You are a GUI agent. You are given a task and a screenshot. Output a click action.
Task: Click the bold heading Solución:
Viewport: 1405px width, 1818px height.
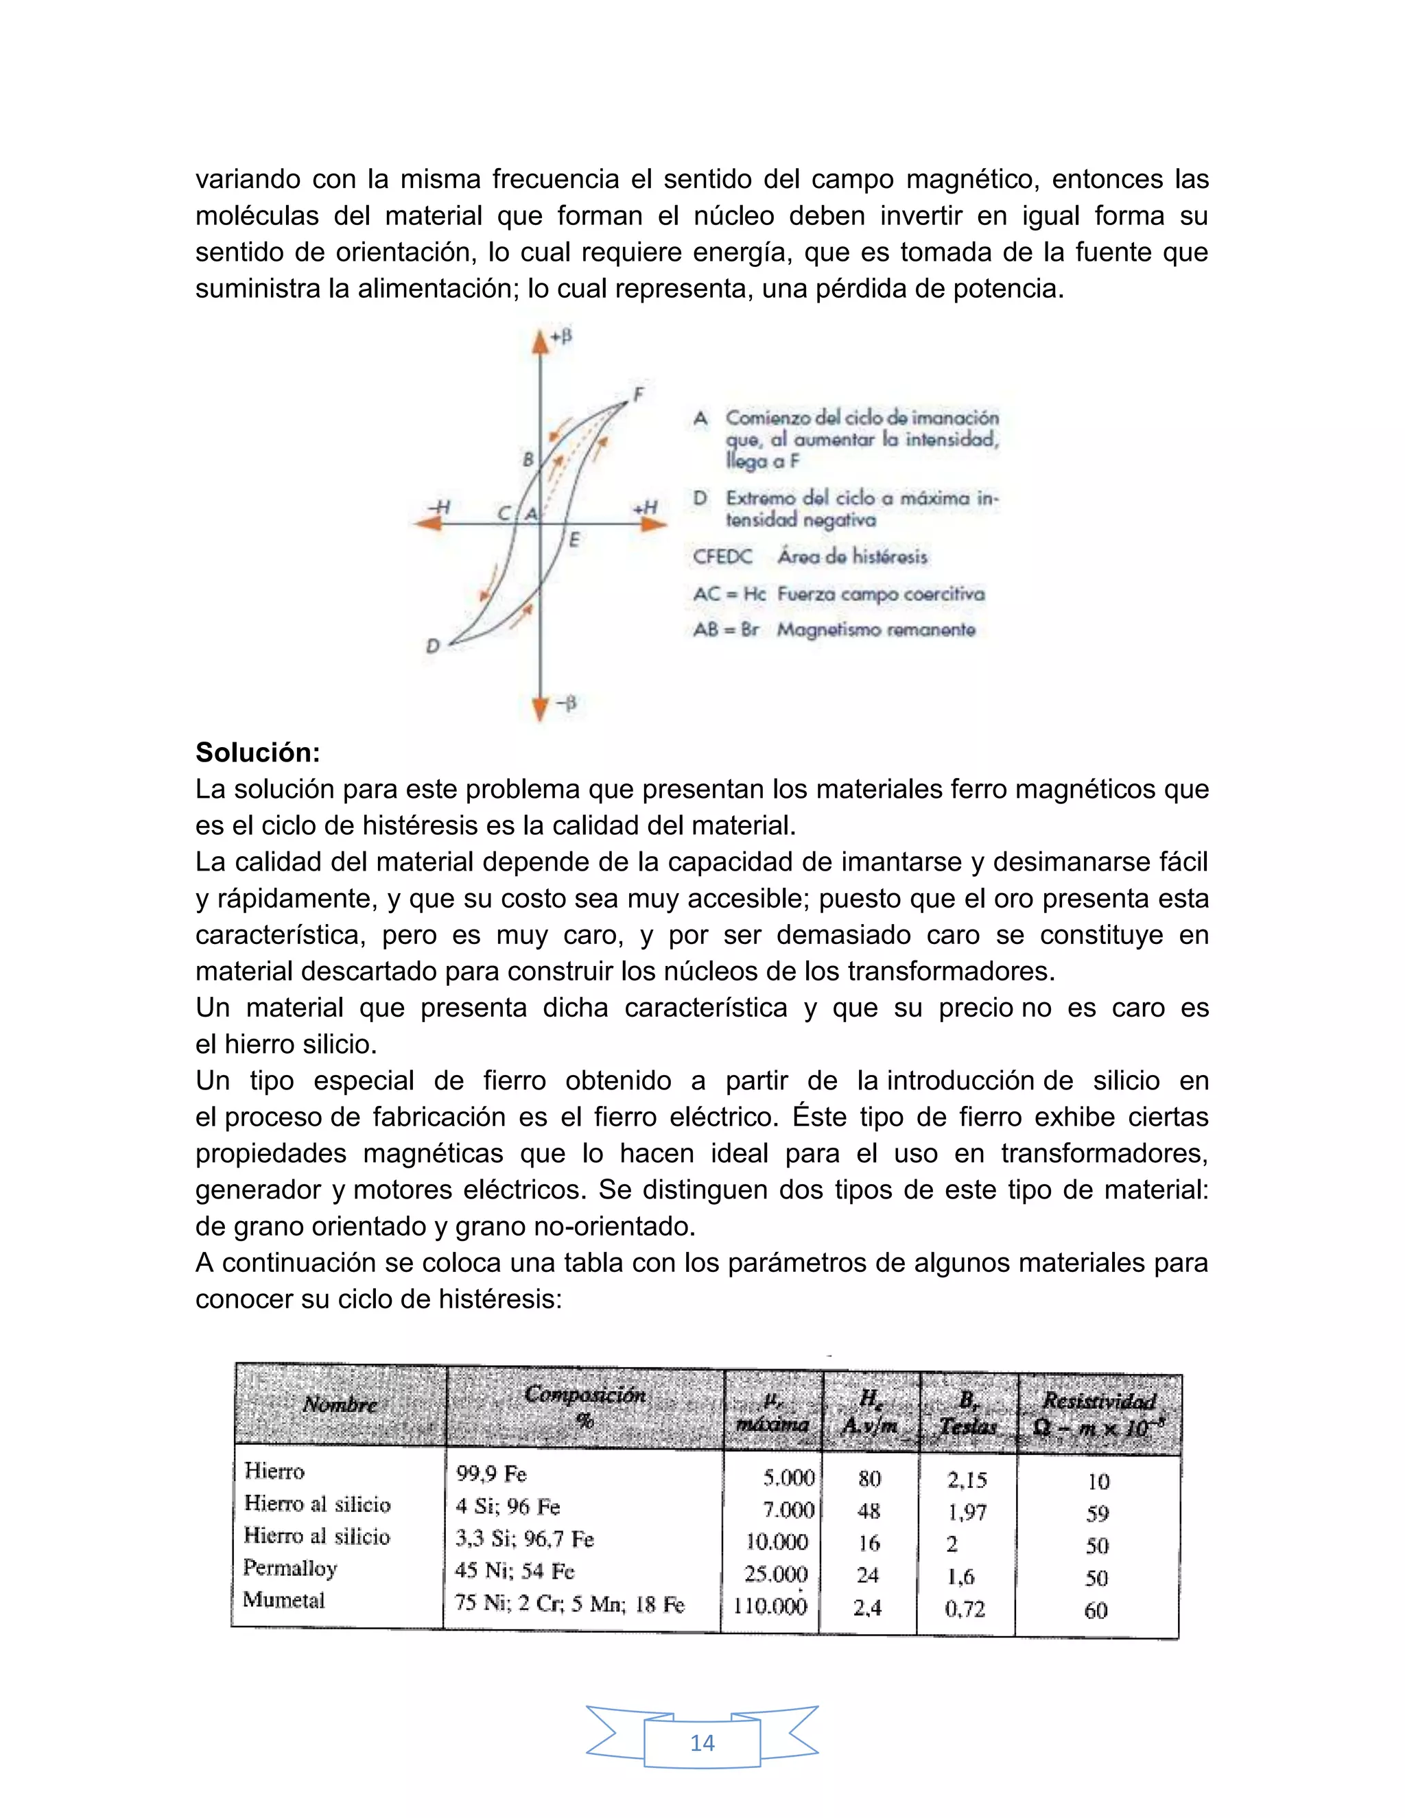[x=257, y=753]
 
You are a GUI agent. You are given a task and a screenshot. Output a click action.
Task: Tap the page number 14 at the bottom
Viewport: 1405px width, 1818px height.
[x=702, y=1743]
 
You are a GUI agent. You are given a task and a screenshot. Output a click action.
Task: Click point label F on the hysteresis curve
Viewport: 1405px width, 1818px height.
[x=639, y=394]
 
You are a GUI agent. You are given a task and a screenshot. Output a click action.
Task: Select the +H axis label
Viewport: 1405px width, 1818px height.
[x=645, y=507]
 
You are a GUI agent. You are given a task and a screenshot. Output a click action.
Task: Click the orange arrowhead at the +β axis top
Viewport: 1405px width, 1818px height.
[x=540, y=340]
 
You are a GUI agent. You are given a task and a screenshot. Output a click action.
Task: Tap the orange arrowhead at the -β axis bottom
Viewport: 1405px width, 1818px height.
[x=540, y=709]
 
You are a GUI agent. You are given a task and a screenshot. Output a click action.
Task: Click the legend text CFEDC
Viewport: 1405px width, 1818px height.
[x=722, y=557]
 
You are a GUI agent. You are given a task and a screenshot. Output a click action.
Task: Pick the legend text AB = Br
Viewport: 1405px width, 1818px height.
[x=726, y=629]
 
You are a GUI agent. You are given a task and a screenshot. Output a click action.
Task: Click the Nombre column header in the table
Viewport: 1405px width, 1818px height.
[x=340, y=1404]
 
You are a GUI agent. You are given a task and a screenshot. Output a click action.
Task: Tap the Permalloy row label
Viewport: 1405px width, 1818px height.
[x=290, y=1568]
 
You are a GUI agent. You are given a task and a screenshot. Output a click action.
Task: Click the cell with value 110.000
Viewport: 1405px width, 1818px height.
[x=770, y=1606]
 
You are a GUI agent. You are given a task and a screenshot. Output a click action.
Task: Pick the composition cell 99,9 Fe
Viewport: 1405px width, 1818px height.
[x=491, y=1474]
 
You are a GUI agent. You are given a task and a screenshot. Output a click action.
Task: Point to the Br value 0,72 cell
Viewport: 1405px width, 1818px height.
[x=965, y=1608]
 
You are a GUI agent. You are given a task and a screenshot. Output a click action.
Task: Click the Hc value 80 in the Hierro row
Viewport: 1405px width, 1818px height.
[x=869, y=1478]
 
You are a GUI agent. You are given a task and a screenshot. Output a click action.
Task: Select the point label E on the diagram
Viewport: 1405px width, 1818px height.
[x=574, y=540]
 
